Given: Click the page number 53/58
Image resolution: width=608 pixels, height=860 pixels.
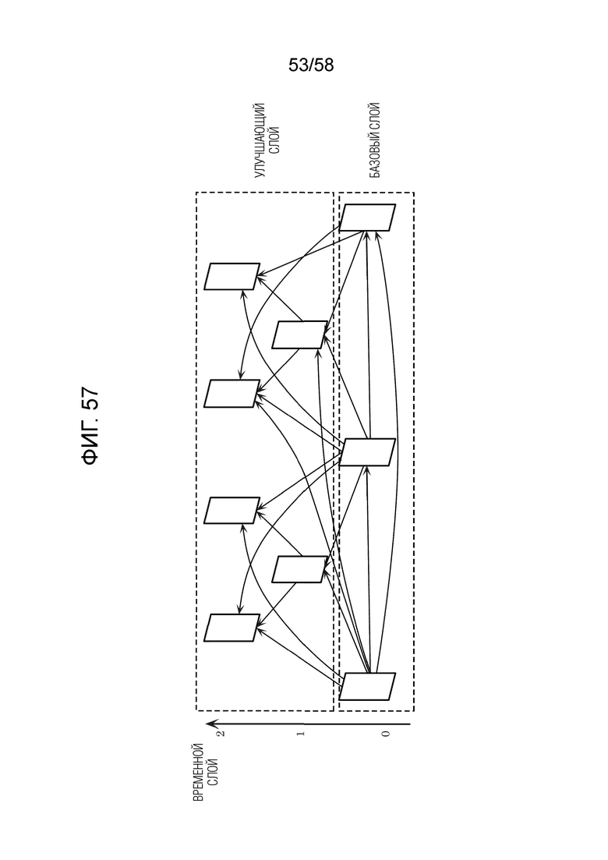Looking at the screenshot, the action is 311,65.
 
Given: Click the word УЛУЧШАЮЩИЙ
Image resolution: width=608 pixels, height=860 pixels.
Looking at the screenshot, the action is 260,140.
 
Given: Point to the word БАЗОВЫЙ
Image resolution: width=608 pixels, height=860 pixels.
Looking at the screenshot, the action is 374,154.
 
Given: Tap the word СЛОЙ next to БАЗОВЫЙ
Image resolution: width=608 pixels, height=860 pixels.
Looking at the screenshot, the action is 374,115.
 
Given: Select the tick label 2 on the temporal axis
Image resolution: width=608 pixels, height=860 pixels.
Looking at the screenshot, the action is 221,734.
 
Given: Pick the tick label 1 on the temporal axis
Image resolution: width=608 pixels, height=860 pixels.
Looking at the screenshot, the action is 300,734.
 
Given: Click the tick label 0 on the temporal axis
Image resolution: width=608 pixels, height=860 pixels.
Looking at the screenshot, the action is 385,734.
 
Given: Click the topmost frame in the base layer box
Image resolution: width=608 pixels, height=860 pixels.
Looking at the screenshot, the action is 367,218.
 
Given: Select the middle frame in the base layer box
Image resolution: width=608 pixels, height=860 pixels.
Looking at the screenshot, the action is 367,452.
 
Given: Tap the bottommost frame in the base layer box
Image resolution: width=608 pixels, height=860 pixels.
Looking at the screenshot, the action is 367,686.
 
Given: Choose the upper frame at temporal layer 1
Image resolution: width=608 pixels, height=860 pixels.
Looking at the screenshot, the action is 299,334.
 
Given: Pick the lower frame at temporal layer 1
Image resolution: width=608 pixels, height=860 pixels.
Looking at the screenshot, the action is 299,569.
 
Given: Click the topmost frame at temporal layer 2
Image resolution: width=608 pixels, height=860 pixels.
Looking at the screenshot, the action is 232,277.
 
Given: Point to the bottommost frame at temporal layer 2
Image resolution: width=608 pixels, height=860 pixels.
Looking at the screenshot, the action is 232,628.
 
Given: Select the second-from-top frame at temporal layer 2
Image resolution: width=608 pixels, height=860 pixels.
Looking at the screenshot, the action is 232,393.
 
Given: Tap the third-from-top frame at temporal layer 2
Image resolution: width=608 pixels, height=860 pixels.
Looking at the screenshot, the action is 232,510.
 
